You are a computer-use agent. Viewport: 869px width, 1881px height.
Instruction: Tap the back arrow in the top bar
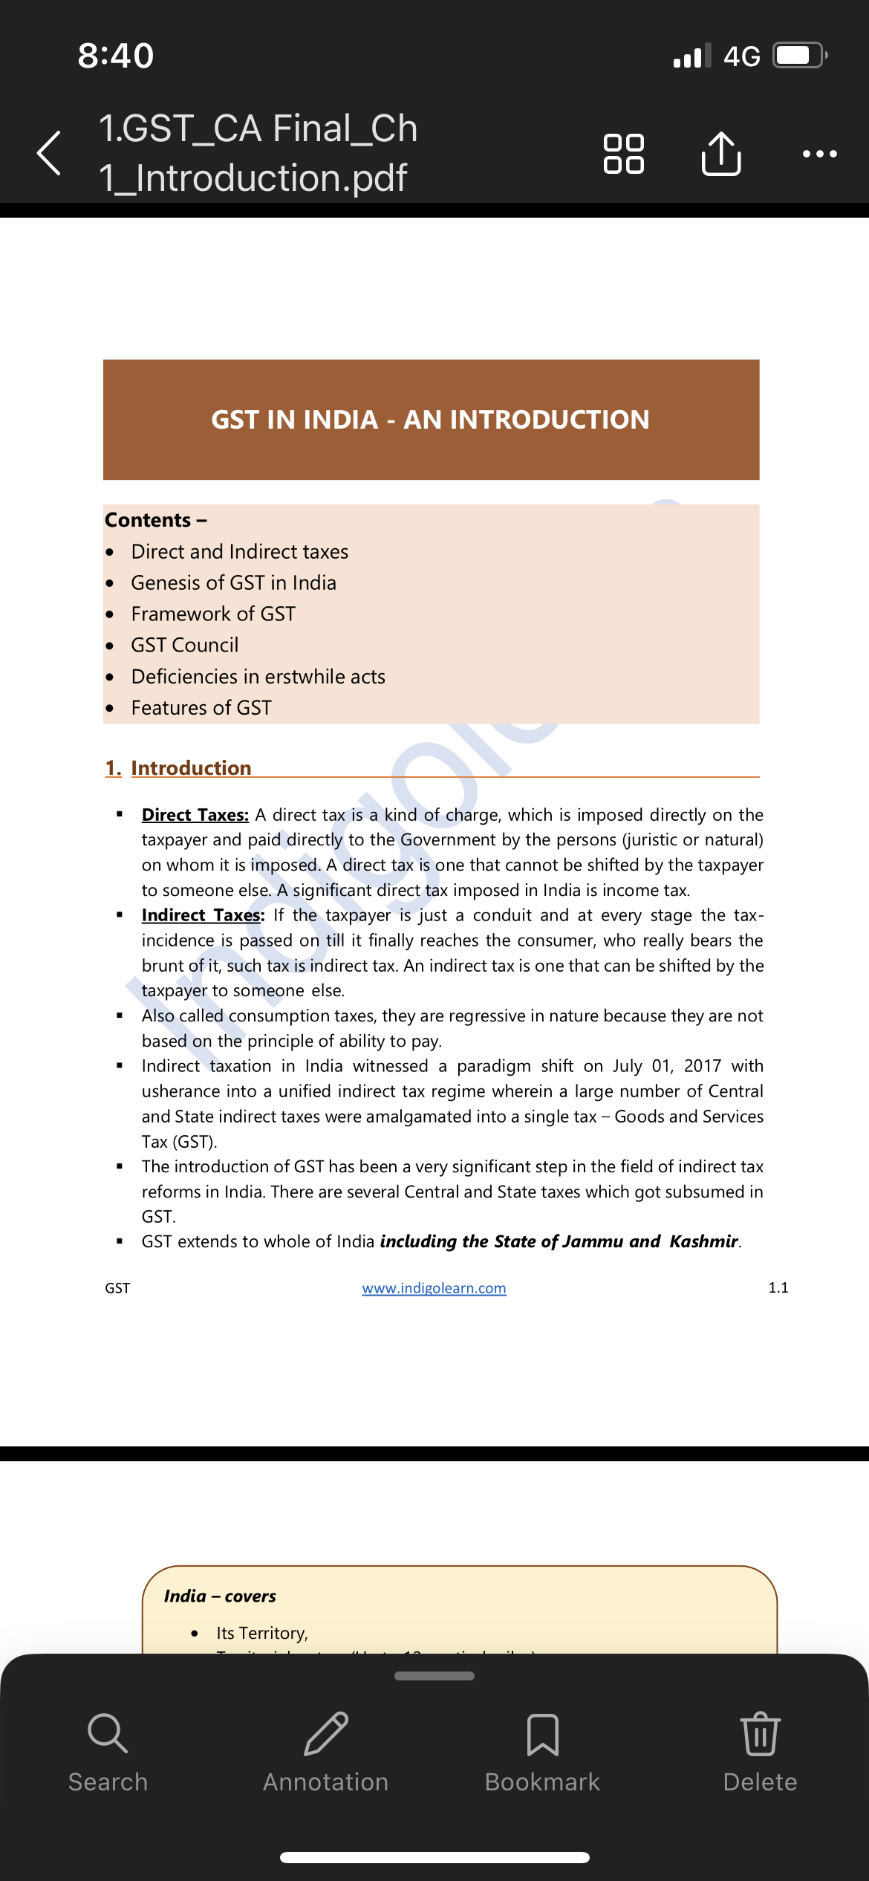click(x=49, y=153)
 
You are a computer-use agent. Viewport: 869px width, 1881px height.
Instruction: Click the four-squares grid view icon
click(x=623, y=154)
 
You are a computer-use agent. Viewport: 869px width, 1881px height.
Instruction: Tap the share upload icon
click(x=720, y=154)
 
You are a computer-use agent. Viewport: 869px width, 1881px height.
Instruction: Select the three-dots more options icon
click(x=819, y=154)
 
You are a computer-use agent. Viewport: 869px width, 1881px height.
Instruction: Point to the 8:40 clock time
click(x=116, y=56)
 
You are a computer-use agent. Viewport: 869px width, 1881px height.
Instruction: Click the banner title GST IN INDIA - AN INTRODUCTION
click(x=430, y=420)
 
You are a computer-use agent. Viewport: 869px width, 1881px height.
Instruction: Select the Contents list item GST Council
click(x=184, y=645)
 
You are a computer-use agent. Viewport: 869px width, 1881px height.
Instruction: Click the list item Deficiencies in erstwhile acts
click(x=258, y=677)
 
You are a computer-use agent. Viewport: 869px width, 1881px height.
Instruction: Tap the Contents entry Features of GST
click(x=201, y=708)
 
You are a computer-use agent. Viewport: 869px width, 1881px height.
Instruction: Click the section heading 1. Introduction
click(x=178, y=767)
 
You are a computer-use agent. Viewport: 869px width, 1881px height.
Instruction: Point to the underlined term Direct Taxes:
click(x=195, y=815)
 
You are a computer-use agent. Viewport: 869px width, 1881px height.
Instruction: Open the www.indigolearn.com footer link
click(x=434, y=1288)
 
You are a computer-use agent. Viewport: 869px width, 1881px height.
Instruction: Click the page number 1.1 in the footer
click(x=778, y=1287)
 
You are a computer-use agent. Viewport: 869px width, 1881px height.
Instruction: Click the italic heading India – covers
click(x=220, y=1596)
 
